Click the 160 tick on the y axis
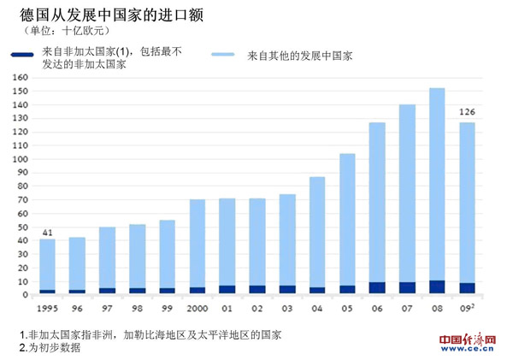click(21, 78)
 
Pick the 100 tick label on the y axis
click(21, 159)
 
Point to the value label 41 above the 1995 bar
click(47, 231)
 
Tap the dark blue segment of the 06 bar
click(377, 288)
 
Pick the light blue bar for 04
click(317, 231)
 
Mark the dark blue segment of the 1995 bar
click(48, 292)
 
